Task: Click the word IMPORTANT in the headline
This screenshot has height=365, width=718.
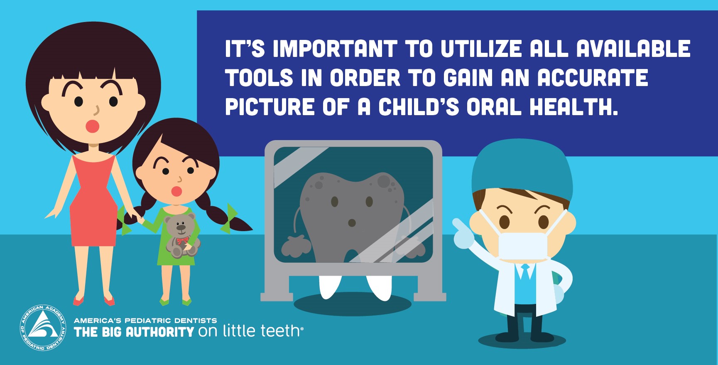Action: [335, 49]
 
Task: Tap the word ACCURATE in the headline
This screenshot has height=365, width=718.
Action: [593, 78]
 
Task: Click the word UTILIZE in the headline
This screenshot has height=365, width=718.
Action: [481, 49]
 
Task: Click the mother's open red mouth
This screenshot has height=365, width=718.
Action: [92, 126]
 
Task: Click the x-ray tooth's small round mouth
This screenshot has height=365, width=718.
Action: [352, 223]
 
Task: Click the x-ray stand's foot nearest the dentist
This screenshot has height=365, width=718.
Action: [430, 296]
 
